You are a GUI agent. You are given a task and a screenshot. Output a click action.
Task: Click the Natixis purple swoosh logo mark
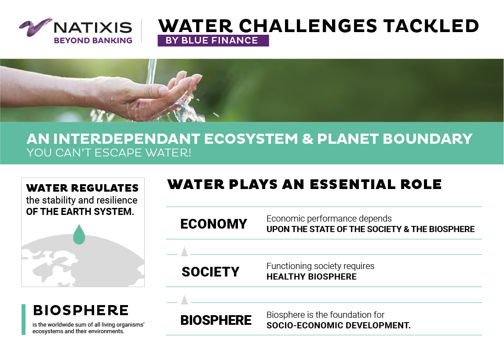click(x=35, y=27)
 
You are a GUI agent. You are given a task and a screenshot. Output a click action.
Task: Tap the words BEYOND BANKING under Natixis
click(x=93, y=40)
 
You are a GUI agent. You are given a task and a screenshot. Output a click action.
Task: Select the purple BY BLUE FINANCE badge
click(x=213, y=40)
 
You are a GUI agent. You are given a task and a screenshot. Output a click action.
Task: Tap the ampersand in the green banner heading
click(x=307, y=139)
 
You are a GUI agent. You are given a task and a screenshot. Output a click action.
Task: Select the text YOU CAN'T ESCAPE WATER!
click(x=109, y=153)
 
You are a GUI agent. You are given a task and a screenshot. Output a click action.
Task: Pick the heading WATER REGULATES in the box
click(x=82, y=188)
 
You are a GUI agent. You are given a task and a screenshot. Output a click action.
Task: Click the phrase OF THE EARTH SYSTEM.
click(x=80, y=211)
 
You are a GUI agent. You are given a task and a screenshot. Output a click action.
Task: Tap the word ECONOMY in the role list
click(x=214, y=224)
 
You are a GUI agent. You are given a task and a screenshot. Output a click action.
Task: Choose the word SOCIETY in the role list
click(x=211, y=272)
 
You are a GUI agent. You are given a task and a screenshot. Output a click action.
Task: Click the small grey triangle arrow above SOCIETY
click(x=185, y=251)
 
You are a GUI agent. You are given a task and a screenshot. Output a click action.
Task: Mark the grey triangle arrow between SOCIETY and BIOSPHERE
click(x=185, y=300)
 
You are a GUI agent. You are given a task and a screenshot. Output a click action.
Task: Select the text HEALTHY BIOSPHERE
click(x=311, y=276)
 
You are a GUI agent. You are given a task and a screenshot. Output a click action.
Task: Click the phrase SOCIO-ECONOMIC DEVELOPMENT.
click(x=339, y=325)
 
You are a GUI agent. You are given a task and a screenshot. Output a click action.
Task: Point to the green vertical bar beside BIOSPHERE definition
click(x=23, y=320)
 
